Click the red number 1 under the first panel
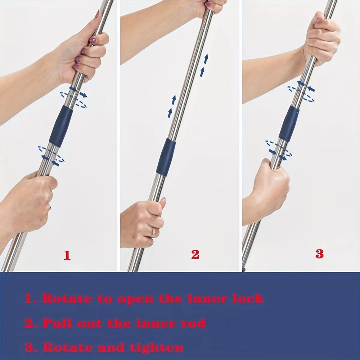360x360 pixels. click(x=67, y=255)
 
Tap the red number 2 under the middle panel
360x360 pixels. click(x=195, y=255)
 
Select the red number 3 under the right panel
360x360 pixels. click(x=319, y=254)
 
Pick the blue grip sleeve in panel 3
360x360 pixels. click(x=289, y=123)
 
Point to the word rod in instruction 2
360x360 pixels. click(x=192, y=323)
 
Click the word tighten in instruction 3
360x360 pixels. click(x=160, y=347)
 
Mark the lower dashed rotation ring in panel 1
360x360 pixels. click(x=51, y=154)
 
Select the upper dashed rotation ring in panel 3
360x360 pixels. click(x=301, y=93)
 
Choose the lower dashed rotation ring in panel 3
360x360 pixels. click(x=278, y=149)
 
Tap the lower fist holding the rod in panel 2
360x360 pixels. click(x=142, y=221)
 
